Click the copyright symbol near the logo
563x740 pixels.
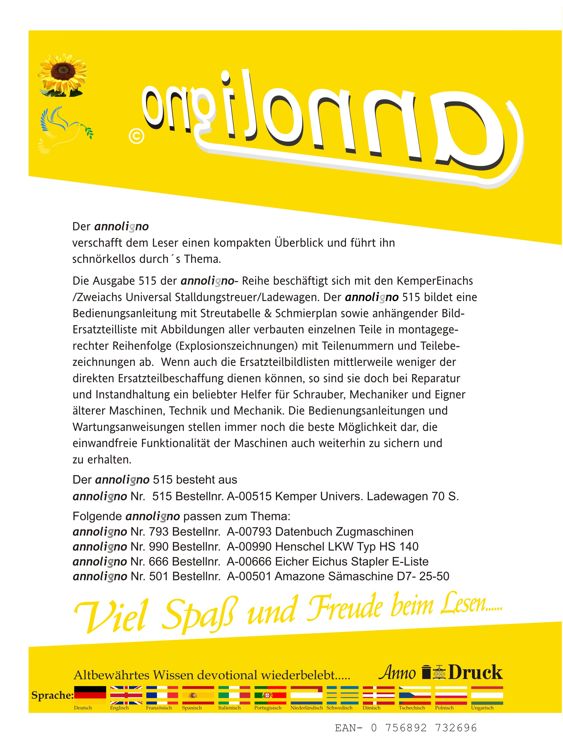[136, 137]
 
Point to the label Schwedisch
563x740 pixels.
[339, 708]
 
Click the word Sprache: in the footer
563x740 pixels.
[52, 695]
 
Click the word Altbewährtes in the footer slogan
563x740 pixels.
[111, 675]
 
